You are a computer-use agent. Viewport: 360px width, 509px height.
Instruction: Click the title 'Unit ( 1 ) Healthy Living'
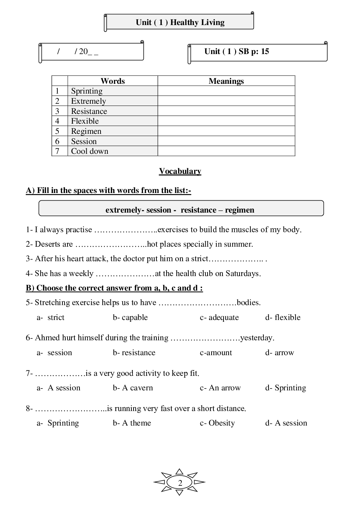click(x=180, y=22)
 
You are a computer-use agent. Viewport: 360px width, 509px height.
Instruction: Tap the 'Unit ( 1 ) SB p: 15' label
click(x=237, y=52)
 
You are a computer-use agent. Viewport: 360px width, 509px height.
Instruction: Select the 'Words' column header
click(x=112, y=81)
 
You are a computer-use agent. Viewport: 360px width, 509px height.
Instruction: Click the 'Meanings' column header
click(x=226, y=81)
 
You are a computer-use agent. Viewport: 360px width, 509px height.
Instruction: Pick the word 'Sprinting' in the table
click(x=87, y=91)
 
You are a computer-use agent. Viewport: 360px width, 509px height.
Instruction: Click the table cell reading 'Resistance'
click(x=89, y=111)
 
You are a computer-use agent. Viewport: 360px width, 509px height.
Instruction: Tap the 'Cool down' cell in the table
click(x=90, y=151)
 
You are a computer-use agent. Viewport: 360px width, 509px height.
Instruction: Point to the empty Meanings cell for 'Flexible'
click(x=226, y=121)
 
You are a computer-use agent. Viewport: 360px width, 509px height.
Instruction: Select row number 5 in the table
click(x=57, y=131)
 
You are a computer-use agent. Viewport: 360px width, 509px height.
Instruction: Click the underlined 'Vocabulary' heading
click(x=180, y=171)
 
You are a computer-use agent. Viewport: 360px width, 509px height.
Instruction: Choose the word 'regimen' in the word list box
click(x=240, y=210)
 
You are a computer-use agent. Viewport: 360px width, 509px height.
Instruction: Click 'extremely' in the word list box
click(x=122, y=210)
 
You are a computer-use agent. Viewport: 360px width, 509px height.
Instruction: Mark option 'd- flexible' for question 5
click(x=283, y=317)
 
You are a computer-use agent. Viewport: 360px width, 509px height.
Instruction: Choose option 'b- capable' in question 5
click(x=130, y=317)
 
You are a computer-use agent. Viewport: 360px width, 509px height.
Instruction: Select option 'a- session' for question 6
click(x=54, y=353)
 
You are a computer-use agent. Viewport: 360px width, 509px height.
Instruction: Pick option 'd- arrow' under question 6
click(x=279, y=353)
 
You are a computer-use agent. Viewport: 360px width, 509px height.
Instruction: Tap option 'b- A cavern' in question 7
click(x=133, y=388)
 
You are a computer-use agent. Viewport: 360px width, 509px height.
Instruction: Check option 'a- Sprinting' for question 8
click(x=58, y=423)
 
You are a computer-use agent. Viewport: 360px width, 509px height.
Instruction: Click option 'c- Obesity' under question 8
click(x=217, y=423)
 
